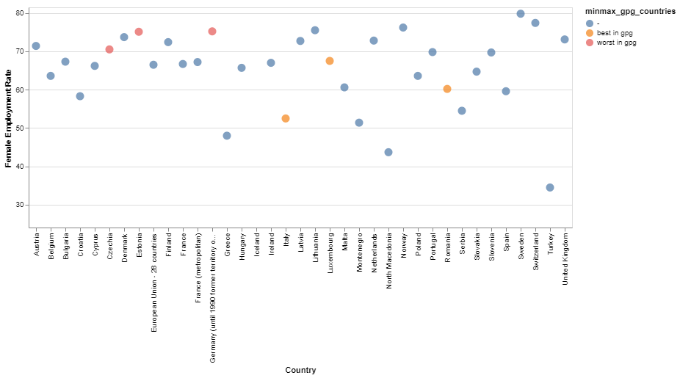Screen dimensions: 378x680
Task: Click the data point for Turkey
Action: click(550, 188)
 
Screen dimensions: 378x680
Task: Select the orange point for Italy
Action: click(286, 119)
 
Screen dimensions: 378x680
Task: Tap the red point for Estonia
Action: click(139, 32)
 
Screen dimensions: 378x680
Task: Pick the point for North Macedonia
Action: click(388, 153)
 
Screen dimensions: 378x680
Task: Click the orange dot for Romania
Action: click(447, 89)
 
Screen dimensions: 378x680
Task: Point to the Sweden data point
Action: click(521, 14)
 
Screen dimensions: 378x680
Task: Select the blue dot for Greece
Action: click(227, 136)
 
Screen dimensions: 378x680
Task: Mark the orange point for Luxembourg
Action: click(330, 61)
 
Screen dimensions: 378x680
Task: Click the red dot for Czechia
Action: click(109, 50)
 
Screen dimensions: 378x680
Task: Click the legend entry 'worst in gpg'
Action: click(617, 43)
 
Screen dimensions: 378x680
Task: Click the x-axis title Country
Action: click(300, 370)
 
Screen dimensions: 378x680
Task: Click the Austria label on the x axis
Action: click(36, 241)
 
